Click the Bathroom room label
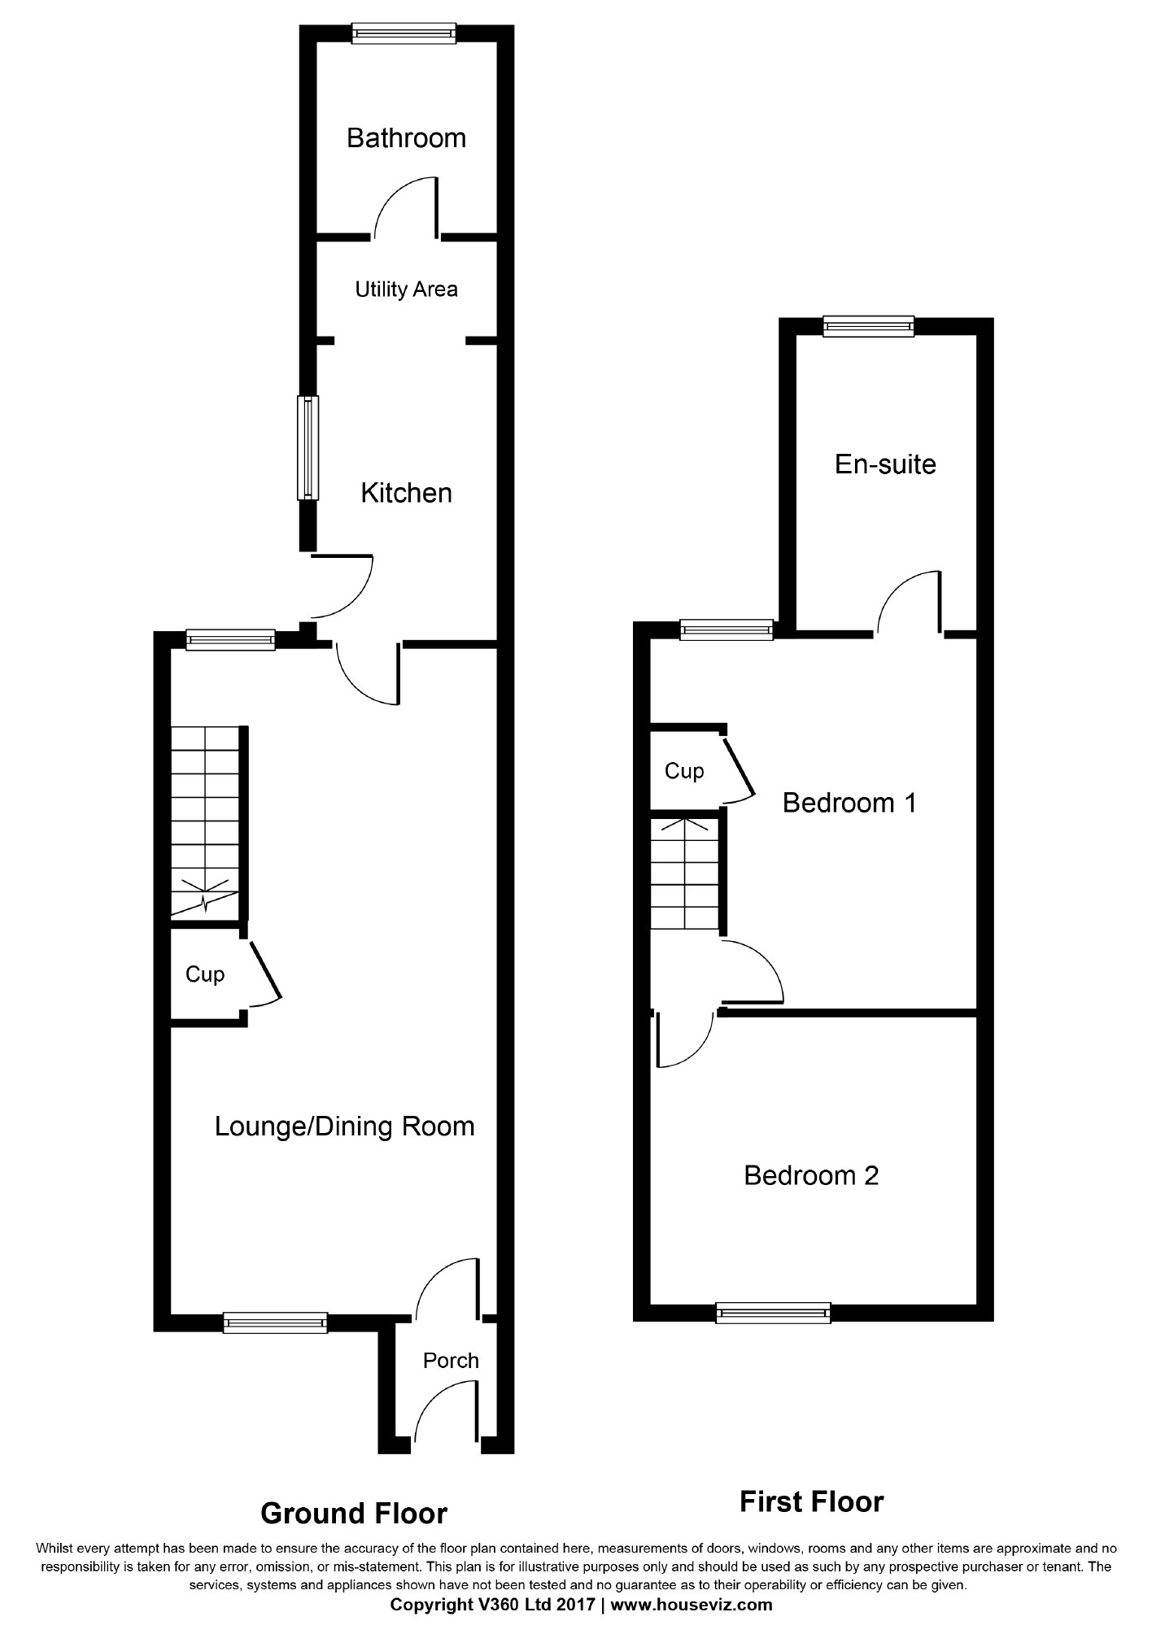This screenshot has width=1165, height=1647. (406, 138)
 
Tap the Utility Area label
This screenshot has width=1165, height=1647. (406, 290)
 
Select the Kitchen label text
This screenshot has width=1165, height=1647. (406, 493)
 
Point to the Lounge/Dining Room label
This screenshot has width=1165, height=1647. (344, 1126)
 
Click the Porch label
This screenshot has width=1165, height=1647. (451, 1360)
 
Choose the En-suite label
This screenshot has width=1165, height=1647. (885, 464)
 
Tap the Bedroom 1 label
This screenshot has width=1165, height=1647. (849, 803)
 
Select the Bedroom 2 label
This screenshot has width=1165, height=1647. (811, 1175)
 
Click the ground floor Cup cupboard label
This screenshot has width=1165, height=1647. (205, 974)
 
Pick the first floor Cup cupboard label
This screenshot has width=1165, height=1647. (684, 771)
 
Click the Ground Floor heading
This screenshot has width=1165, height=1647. (354, 1513)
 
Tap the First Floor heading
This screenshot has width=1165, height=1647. (811, 1501)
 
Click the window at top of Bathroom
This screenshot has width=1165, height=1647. (404, 33)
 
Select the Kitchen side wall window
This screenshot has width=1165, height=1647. (308, 447)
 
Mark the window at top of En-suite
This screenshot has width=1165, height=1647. (868, 326)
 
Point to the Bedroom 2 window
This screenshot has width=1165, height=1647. (774, 1313)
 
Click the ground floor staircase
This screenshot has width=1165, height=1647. (205, 822)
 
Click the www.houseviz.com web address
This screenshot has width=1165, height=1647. (692, 1605)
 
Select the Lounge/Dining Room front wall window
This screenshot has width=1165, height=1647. (276, 1322)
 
